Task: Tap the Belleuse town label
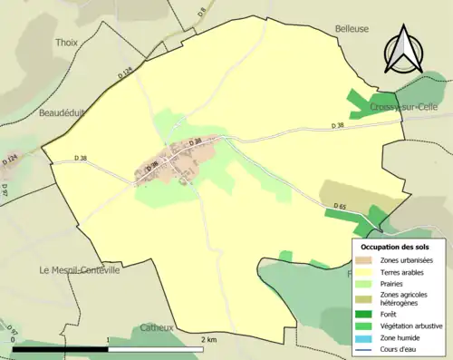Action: [352, 28]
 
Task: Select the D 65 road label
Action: [340, 207]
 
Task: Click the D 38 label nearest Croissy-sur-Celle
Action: [338, 125]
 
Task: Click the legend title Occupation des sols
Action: [395, 246]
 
